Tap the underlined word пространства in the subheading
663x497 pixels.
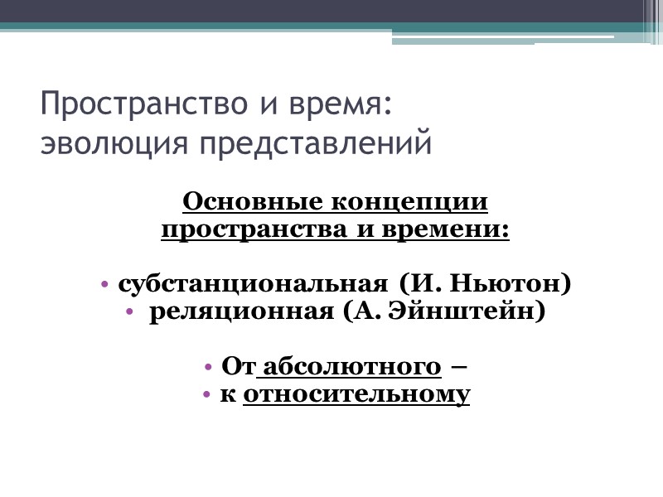[x=256, y=229]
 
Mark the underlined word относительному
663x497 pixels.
[x=357, y=394]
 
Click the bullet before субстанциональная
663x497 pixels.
[x=105, y=285]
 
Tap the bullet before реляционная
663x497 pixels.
[x=129, y=313]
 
